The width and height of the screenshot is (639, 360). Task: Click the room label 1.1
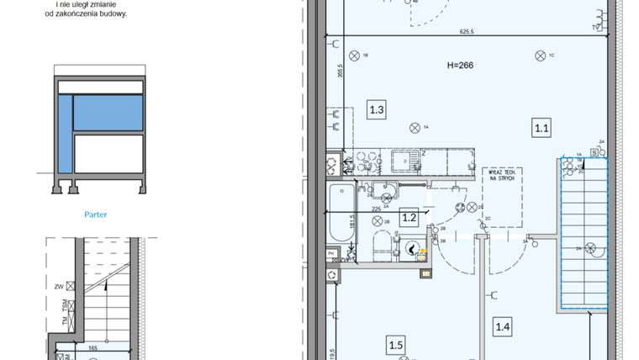tap(541, 128)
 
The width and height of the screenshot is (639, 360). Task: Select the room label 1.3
tap(378, 109)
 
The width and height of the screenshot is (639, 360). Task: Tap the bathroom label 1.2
tap(409, 219)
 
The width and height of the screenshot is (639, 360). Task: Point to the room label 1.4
tap(503, 327)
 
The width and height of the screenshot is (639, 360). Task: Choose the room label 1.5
tap(396, 343)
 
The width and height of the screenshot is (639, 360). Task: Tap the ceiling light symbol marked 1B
tap(354, 56)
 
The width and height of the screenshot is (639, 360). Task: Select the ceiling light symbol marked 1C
tap(538, 56)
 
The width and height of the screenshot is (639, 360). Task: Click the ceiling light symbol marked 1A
tap(414, 127)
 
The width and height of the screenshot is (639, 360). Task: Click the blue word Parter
tap(96, 214)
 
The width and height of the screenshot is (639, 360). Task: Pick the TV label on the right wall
tap(595, 28)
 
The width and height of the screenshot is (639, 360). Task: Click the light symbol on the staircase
tap(591, 248)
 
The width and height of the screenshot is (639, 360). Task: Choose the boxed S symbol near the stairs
tap(594, 152)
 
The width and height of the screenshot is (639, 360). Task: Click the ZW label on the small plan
tap(58, 286)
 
